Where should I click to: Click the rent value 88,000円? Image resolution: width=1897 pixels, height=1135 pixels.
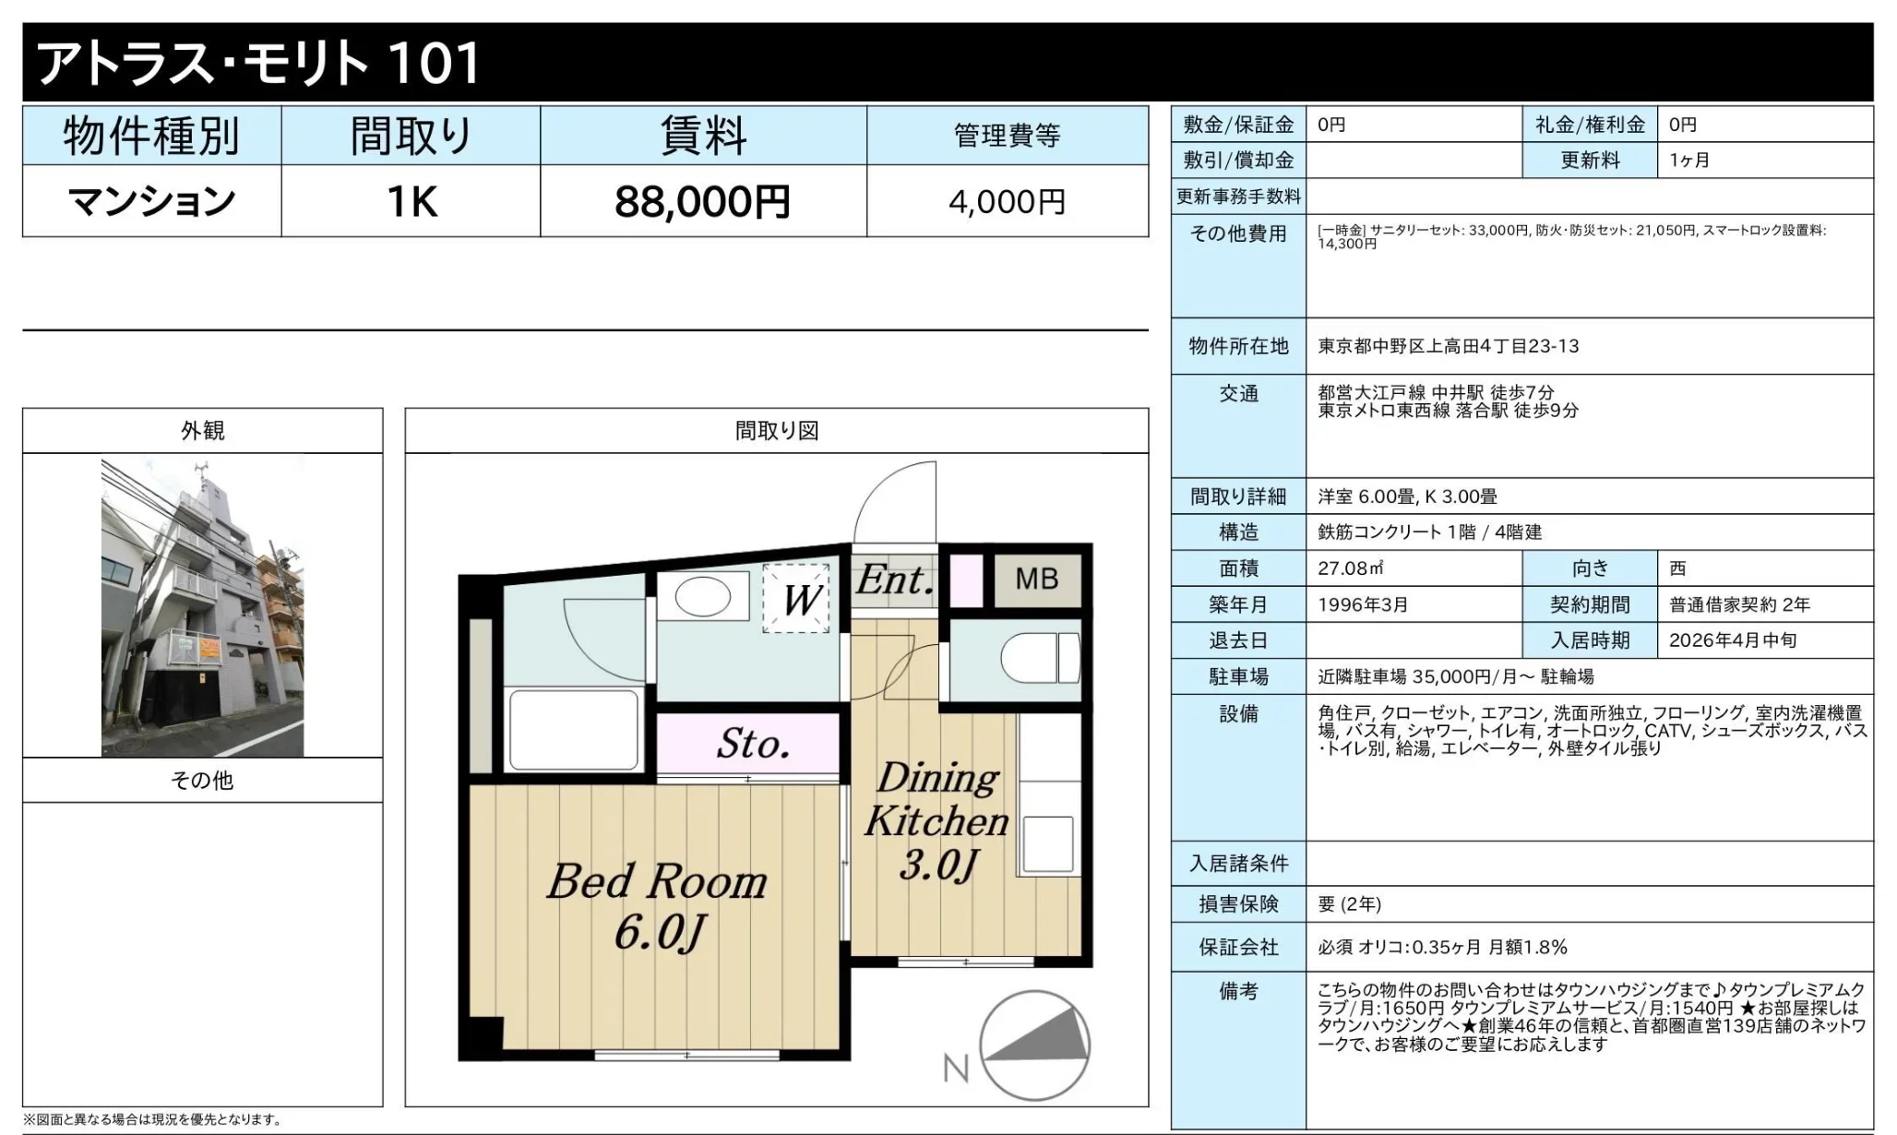pyautogui.click(x=702, y=201)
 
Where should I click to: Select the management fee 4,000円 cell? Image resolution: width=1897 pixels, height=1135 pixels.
pyautogui.click(x=1008, y=201)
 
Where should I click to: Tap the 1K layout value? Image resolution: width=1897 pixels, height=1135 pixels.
pyautogui.click(x=412, y=201)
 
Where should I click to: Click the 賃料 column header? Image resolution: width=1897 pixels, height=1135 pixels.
pyautogui.click(x=703, y=136)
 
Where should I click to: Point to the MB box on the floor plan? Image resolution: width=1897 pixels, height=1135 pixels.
pyautogui.click(x=1037, y=579)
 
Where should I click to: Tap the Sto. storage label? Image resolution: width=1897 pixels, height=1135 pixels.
pyautogui.click(x=753, y=744)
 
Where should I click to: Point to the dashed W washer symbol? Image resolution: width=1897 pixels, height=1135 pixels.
pyautogui.click(x=796, y=599)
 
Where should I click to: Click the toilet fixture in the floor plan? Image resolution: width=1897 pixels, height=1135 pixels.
pyautogui.click(x=1040, y=657)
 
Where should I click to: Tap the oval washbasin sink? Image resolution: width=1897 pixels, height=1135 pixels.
pyautogui.click(x=703, y=597)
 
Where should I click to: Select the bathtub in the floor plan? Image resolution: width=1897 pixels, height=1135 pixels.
pyautogui.click(x=574, y=730)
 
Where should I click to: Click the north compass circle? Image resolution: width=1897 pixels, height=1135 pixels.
pyautogui.click(x=1034, y=1045)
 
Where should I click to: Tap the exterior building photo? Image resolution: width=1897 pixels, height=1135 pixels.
pyautogui.click(x=202, y=607)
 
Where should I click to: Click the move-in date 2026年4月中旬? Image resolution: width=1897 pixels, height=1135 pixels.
pyautogui.click(x=1732, y=640)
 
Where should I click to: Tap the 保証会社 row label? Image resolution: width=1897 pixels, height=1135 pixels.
pyautogui.click(x=1238, y=947)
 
